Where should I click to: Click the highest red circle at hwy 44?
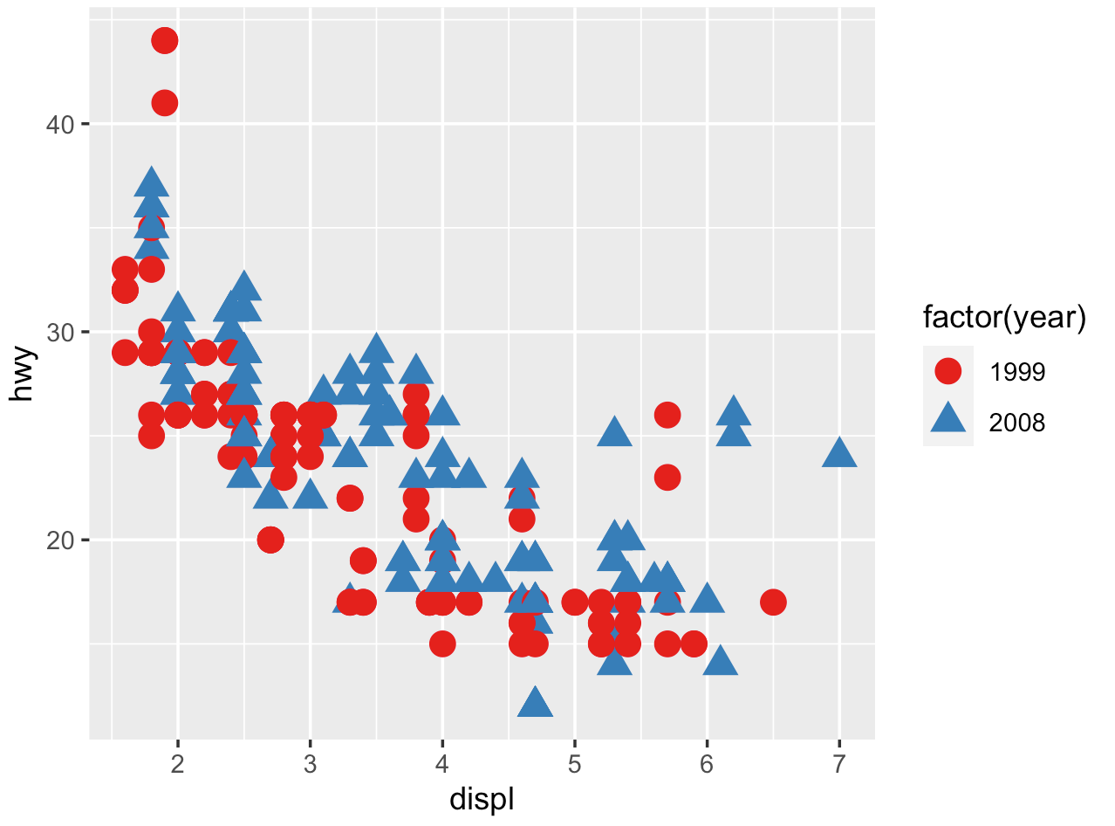(x=164, y=40)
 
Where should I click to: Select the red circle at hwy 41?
(x=164, y=103)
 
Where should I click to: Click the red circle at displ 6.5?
(x=773, y=602)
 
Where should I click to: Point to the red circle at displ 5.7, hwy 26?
(x=667, y=415)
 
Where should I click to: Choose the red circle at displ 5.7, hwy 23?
(x=667, y=478)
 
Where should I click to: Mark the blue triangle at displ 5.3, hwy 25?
(x=614, y=432)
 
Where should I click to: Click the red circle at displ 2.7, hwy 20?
(x=270, y=540)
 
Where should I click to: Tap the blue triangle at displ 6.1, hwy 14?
(x=721, y=662)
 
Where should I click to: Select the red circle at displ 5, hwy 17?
(x=574, y=602)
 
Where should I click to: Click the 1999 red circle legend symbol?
(x=947, y=372)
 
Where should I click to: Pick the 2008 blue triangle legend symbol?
(x=947, y=422)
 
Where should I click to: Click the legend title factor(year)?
(x=1004, y=320)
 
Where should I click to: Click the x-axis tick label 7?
(x=839, y=765)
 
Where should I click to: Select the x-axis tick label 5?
(x=574, y=765)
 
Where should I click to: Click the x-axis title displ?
(x=481, y=800)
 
